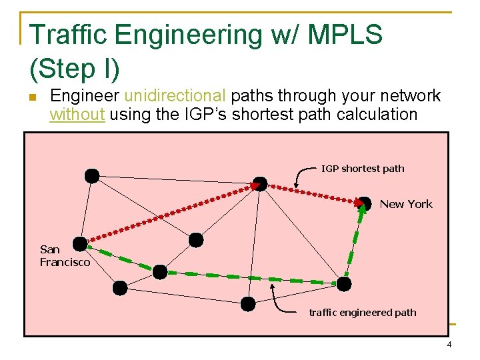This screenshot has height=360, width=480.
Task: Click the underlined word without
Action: pos(77,114)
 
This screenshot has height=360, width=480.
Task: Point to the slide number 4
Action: pos(449,345)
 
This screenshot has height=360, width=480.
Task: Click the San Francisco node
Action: pos(81,244)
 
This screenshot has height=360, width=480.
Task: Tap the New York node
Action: pos(365,203)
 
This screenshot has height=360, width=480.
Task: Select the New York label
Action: pos(406,204)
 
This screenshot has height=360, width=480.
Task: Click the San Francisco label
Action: pos(64,256)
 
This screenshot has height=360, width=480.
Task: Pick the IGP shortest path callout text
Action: pos(363,168)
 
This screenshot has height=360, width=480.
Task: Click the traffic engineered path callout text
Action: pos(362,312)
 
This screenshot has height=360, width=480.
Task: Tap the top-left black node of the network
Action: pos(92,175)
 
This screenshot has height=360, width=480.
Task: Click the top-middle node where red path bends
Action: pos(261,183)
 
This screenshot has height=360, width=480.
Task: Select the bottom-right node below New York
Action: pos(343,284)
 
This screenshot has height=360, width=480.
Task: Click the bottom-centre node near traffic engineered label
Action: pos(248,304)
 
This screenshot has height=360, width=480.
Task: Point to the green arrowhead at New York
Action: pos(362,207)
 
